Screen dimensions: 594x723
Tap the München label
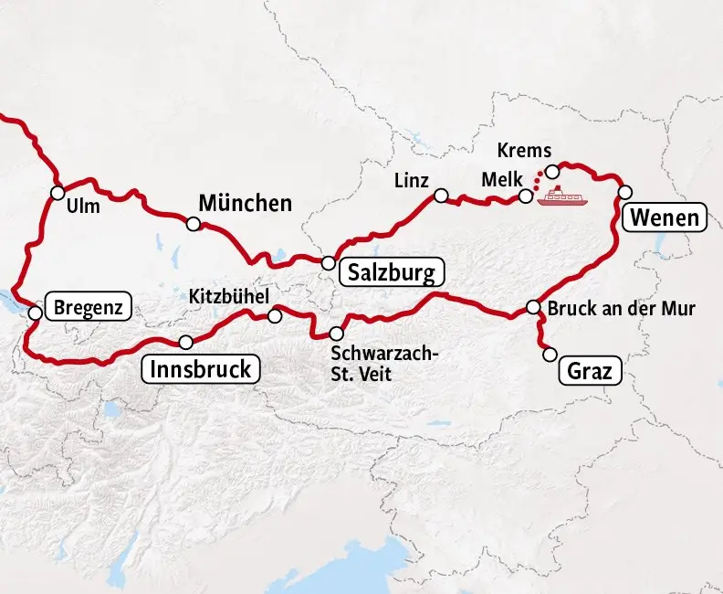click(x=245, y=203)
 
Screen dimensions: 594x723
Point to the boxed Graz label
click(x=590, y=371)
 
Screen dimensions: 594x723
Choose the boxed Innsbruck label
click(x=201, y=369)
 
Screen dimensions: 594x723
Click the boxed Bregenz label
click(x=88, y=306)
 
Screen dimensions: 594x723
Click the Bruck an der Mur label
click(x=621, y=309)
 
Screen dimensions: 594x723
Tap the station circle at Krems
click(x=551, y=172)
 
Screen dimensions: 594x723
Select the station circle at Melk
click(x=526, y=196)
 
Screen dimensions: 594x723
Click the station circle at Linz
click(x=441, y=196)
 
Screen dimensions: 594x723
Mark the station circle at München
click(x=194, y=224)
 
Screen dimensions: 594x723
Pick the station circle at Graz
click(x=550, y=353)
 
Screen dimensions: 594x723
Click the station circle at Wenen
click(x=625, y=192)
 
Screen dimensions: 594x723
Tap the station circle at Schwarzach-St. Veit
click(x=336, y=334)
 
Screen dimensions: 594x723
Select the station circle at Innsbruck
click(x=186, y=343)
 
